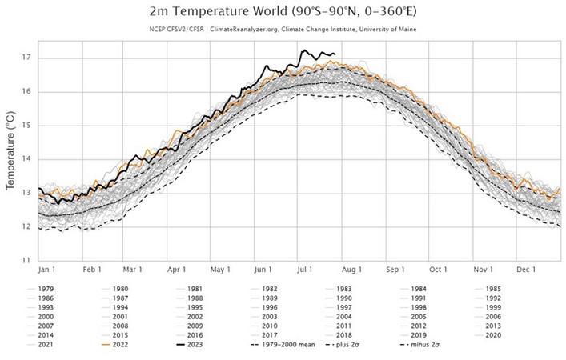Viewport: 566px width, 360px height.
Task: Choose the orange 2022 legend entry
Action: pyautogui.click(x=118, y=344)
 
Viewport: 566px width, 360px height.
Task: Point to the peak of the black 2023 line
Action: pyautogui.click(x=303, y=50)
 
